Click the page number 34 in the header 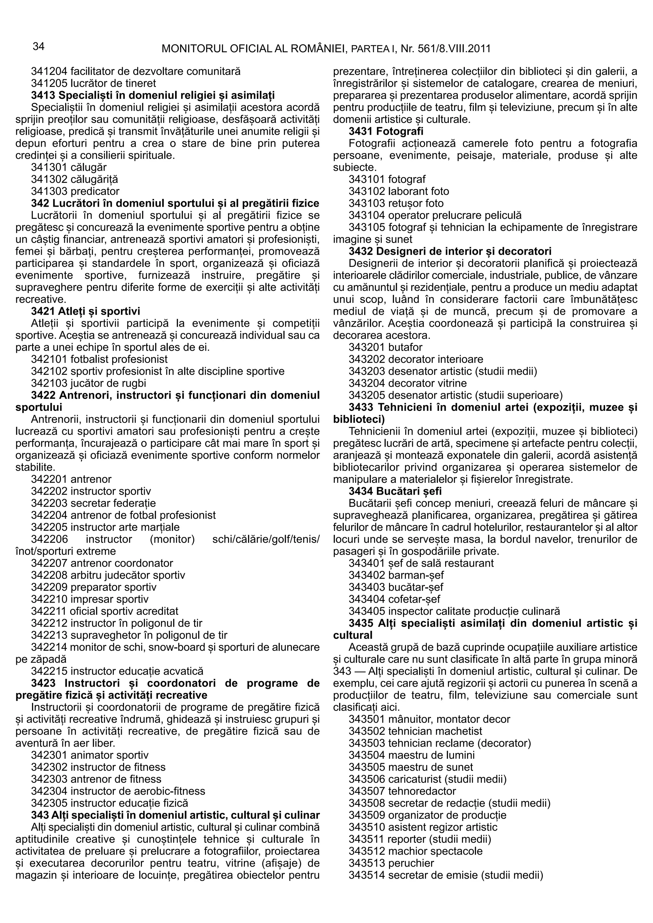(x=38, y=47)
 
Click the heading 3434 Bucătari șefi (x=395, y=491)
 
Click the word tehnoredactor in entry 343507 (x=422, y=791)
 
